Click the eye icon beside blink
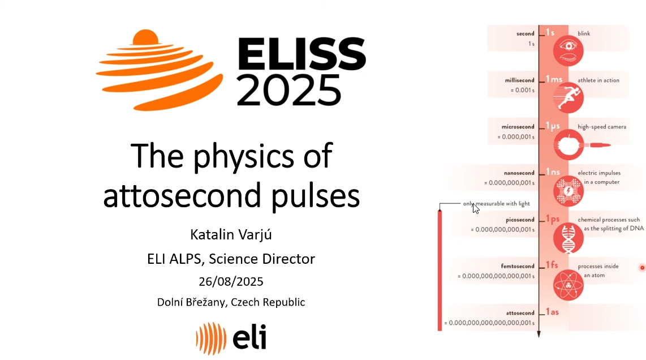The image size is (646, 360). pyautogui.click(x=568, y=51)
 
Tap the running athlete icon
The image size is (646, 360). pyautogui.click(x=568, y=98)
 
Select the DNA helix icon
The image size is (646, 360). pyautogui.click(x=568, y=238)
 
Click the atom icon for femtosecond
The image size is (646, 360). pyautogui.click(x=568, y=285)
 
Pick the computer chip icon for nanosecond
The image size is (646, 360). pyautogui.click(x=568, y=191)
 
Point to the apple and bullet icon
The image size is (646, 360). pyautogui.click(x=582, y=145)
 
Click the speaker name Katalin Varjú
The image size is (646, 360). pyautogui.click(x=231, y=235)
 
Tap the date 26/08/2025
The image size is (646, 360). pyautogui.click(x=231, y=282)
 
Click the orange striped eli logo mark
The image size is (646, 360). pyautogui.click(x=211, y=338)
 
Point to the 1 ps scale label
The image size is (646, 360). pyautogui.click(x=553, y=219)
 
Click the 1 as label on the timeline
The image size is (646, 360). pyautogui.click(x=553, y=312)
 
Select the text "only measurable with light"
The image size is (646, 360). pyautogui.click(x=497, y=204)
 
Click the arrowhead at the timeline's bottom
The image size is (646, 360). pyautogui.click(x=539, y=334)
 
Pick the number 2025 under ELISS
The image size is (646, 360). pyautogui.click(x=289, y=91)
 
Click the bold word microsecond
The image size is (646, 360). pyautogui.click(x=518, y=127)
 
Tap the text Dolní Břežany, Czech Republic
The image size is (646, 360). pyautogui.click(x=231, y=302)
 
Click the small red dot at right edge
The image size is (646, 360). pyautogui.click(x=642, y=268)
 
